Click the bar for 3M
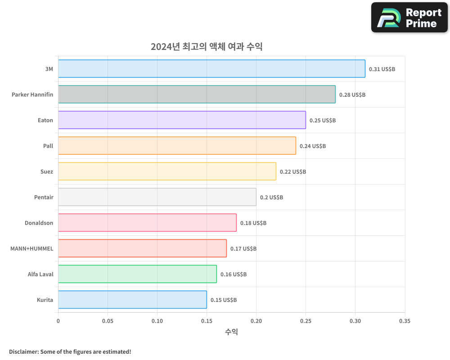coord(211,69)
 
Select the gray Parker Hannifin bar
coord(197,94)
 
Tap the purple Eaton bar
coord(182,120)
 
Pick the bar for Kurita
coord(132,300)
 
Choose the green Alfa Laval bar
coord(137,274)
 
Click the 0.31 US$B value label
coord(382,69)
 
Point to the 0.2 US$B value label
coord(271,198)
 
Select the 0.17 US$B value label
coord(243,249)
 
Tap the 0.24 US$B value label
coord(313,146)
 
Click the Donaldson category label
coord(39,223)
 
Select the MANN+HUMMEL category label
coord(31,249)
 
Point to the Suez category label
coord(46,172)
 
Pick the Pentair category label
coord(44,198)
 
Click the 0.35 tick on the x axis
coord(405,321)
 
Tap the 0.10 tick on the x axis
coord(157,321)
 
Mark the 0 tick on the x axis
coord(58,321)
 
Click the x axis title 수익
coord(231,332)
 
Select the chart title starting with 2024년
coord(207,47)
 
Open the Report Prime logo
coord(409,18)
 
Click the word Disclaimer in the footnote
coord(23,352)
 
